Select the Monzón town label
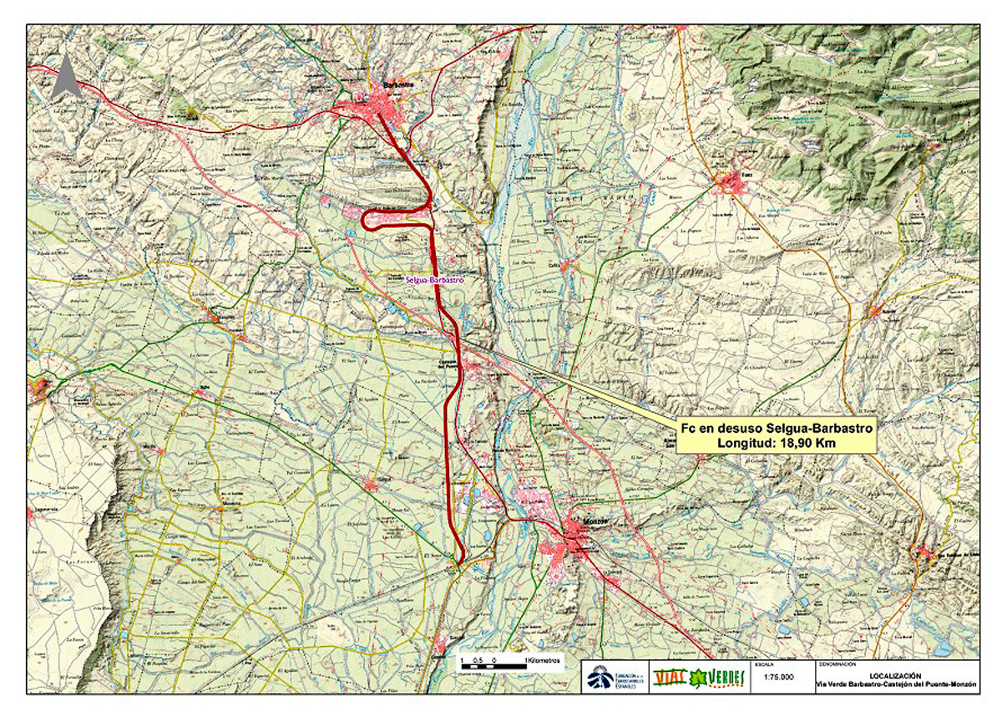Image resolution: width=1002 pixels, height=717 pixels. pos(589,521)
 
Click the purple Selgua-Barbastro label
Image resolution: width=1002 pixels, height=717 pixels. pos(434,282)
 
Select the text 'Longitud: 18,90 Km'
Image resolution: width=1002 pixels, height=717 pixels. pos(777,443)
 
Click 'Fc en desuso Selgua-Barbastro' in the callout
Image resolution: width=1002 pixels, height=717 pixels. pos(777,428)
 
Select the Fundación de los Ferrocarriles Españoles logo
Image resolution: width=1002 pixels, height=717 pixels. pos(616,677)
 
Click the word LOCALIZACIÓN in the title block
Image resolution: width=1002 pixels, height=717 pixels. pos(896,674)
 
